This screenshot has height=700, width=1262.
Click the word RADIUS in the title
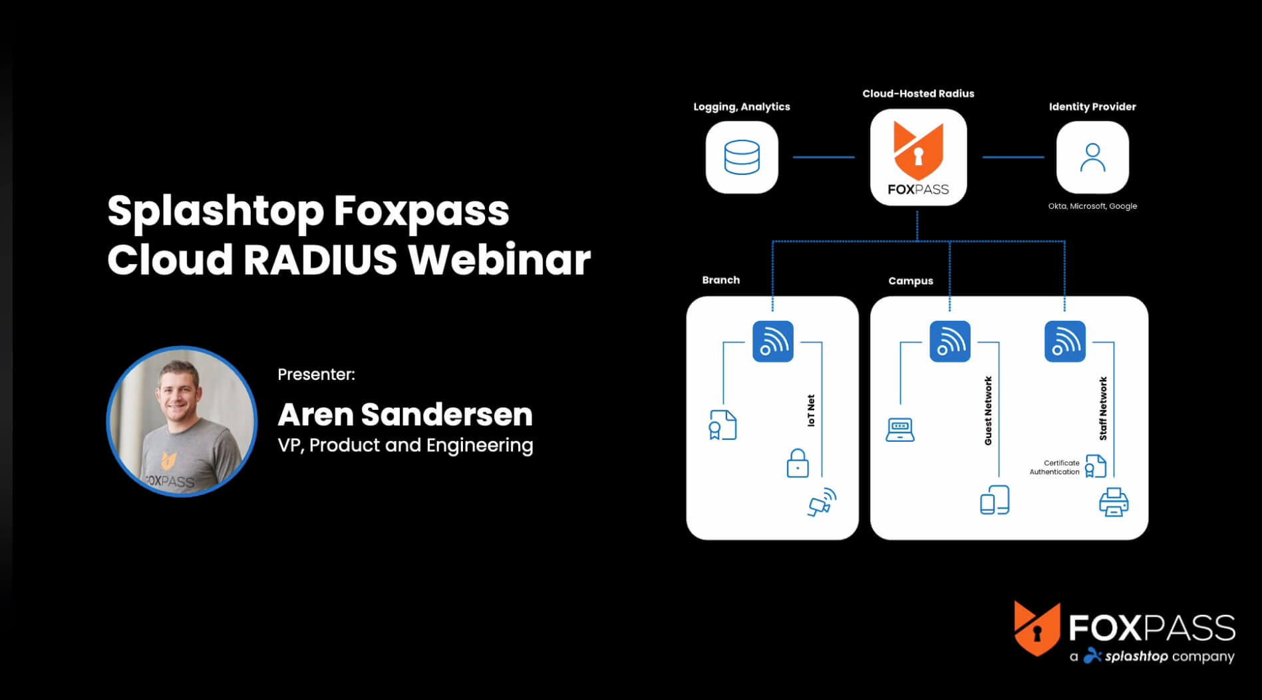[x=320, y=260]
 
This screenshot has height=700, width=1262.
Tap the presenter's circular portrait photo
[x=182, y=421]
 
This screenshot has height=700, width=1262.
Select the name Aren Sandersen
[x=404, y=415]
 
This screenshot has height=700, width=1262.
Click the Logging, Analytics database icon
[x=741, y=158]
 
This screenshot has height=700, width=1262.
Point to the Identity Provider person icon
[x=1092, y=158]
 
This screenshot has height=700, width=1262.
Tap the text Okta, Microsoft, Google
[x=1092, y=206]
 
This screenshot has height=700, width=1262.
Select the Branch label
[x=720, y=280]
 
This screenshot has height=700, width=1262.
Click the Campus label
[x=910, y=281]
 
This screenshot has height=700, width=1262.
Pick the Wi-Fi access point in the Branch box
[x=772, y=341]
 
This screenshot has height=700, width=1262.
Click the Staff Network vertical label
[x=1103, y=409]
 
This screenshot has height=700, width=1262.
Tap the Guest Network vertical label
[x=988, y=411]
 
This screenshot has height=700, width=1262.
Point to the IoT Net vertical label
[x=810, y=411]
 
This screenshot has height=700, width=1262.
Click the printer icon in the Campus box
[x=1113, y=502]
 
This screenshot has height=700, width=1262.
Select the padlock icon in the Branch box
[x=797, y=463]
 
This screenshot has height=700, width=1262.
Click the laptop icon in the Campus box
[x=899, y=430]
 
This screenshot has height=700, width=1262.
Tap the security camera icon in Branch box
[x=822, y=502]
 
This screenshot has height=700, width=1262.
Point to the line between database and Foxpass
[x=823, y=158]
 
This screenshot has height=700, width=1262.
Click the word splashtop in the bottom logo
[x=1136, y=656]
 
